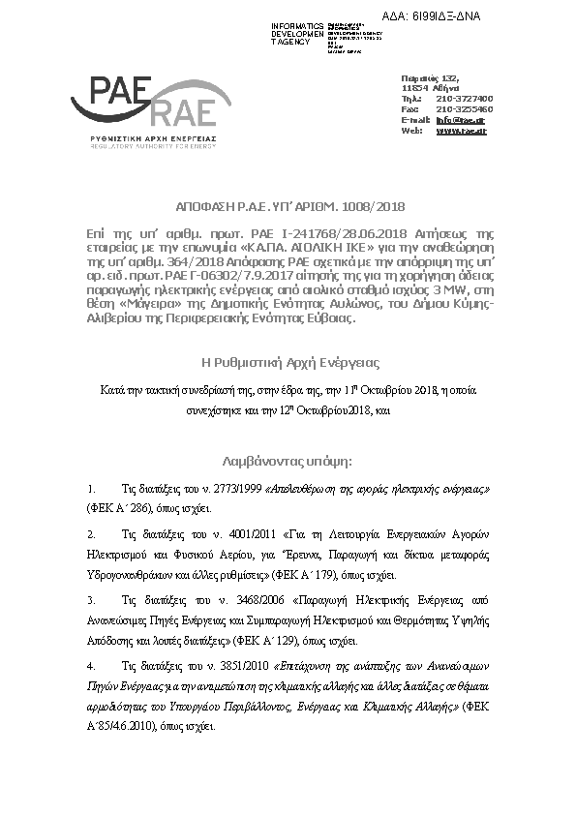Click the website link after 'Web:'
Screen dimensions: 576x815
click(461, 130)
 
